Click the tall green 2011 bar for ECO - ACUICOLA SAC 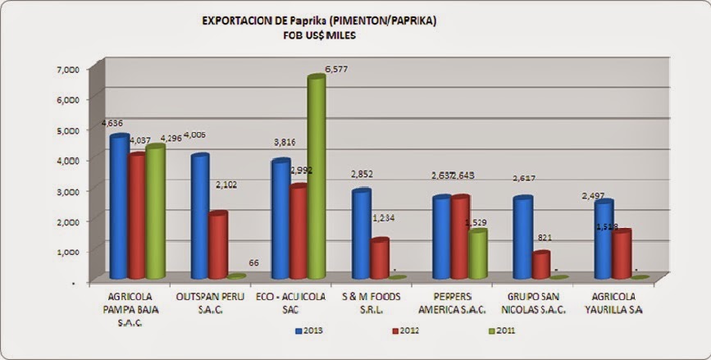click(316, 176)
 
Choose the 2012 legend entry click(406, 330)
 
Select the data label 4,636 click(112, 123)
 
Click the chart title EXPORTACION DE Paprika click(319, 21)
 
